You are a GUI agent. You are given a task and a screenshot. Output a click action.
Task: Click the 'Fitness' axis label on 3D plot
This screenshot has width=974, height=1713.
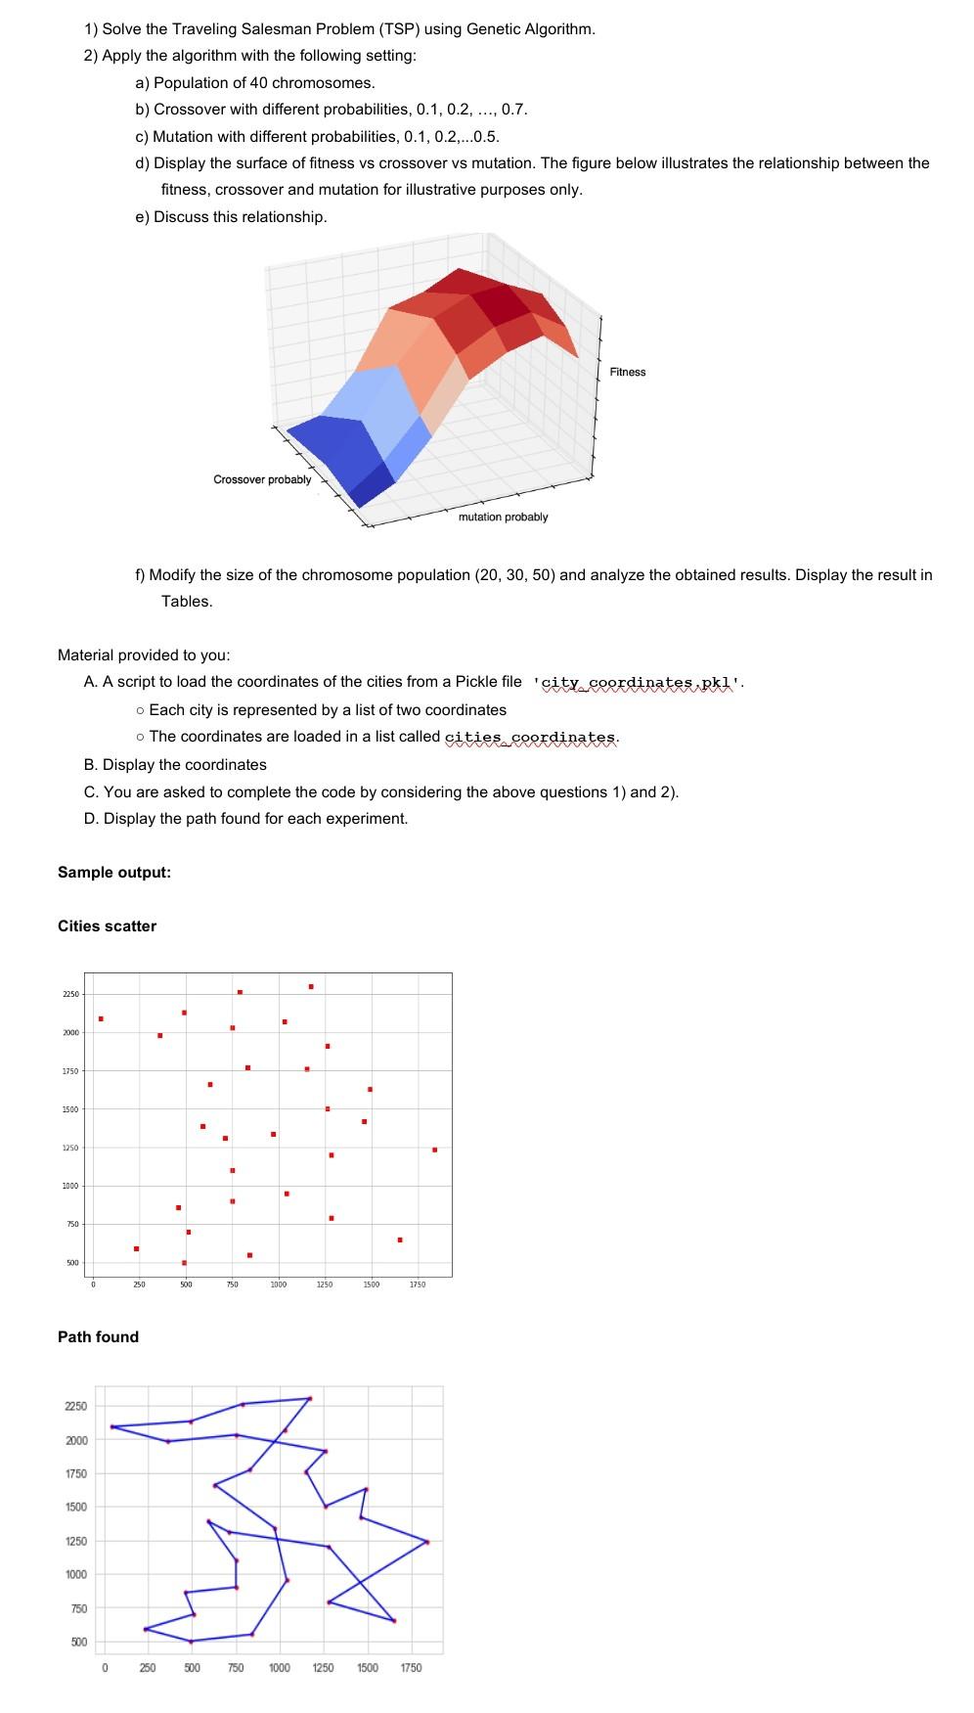627,372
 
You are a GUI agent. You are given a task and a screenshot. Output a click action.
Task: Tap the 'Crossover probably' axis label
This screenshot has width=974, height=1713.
262,479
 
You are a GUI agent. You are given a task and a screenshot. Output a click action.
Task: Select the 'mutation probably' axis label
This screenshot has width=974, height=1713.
503,517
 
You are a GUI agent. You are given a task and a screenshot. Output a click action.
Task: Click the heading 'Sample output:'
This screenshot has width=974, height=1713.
114,872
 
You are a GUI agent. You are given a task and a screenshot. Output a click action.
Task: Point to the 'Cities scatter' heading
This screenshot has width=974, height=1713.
107,925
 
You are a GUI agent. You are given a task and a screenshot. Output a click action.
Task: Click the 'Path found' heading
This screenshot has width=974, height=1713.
98,1336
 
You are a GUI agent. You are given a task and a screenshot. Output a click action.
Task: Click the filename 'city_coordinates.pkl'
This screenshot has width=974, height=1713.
639,682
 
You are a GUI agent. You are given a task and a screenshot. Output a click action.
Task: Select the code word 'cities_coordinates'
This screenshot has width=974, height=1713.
531,737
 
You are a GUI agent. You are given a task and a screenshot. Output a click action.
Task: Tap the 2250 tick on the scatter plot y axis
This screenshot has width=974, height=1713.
70,995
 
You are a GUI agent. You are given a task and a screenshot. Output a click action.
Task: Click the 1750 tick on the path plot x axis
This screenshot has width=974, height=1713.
411,1667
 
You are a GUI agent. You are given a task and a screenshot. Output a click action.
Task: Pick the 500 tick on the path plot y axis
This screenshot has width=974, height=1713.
78,1641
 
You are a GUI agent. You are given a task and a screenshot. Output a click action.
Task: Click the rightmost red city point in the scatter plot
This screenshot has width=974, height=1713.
434,1150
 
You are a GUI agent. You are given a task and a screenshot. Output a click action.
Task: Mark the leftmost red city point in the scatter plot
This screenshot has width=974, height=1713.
101,1018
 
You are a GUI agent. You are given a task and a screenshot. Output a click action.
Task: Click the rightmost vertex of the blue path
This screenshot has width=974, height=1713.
427,1542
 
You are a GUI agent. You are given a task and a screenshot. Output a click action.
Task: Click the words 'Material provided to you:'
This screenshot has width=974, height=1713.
144,654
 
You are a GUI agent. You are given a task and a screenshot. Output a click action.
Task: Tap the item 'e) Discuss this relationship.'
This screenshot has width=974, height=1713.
231,216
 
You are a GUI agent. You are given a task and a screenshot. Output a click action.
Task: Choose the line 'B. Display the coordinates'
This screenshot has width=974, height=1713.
175,764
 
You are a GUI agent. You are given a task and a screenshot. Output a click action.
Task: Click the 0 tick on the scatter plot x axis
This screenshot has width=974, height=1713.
93,1284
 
